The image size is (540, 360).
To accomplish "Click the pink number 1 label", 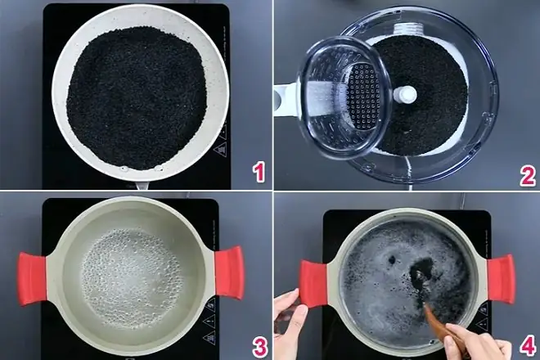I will coord(258,172).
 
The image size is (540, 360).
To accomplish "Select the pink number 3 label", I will coord(259,346).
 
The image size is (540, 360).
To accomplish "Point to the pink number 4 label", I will coord(527,346).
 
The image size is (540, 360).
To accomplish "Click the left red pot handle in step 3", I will coord(34,278).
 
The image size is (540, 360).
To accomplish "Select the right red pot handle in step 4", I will coord(500,278).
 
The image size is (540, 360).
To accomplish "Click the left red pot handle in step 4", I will coord(313,282).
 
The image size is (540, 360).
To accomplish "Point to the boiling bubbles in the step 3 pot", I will coord(130,274).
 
